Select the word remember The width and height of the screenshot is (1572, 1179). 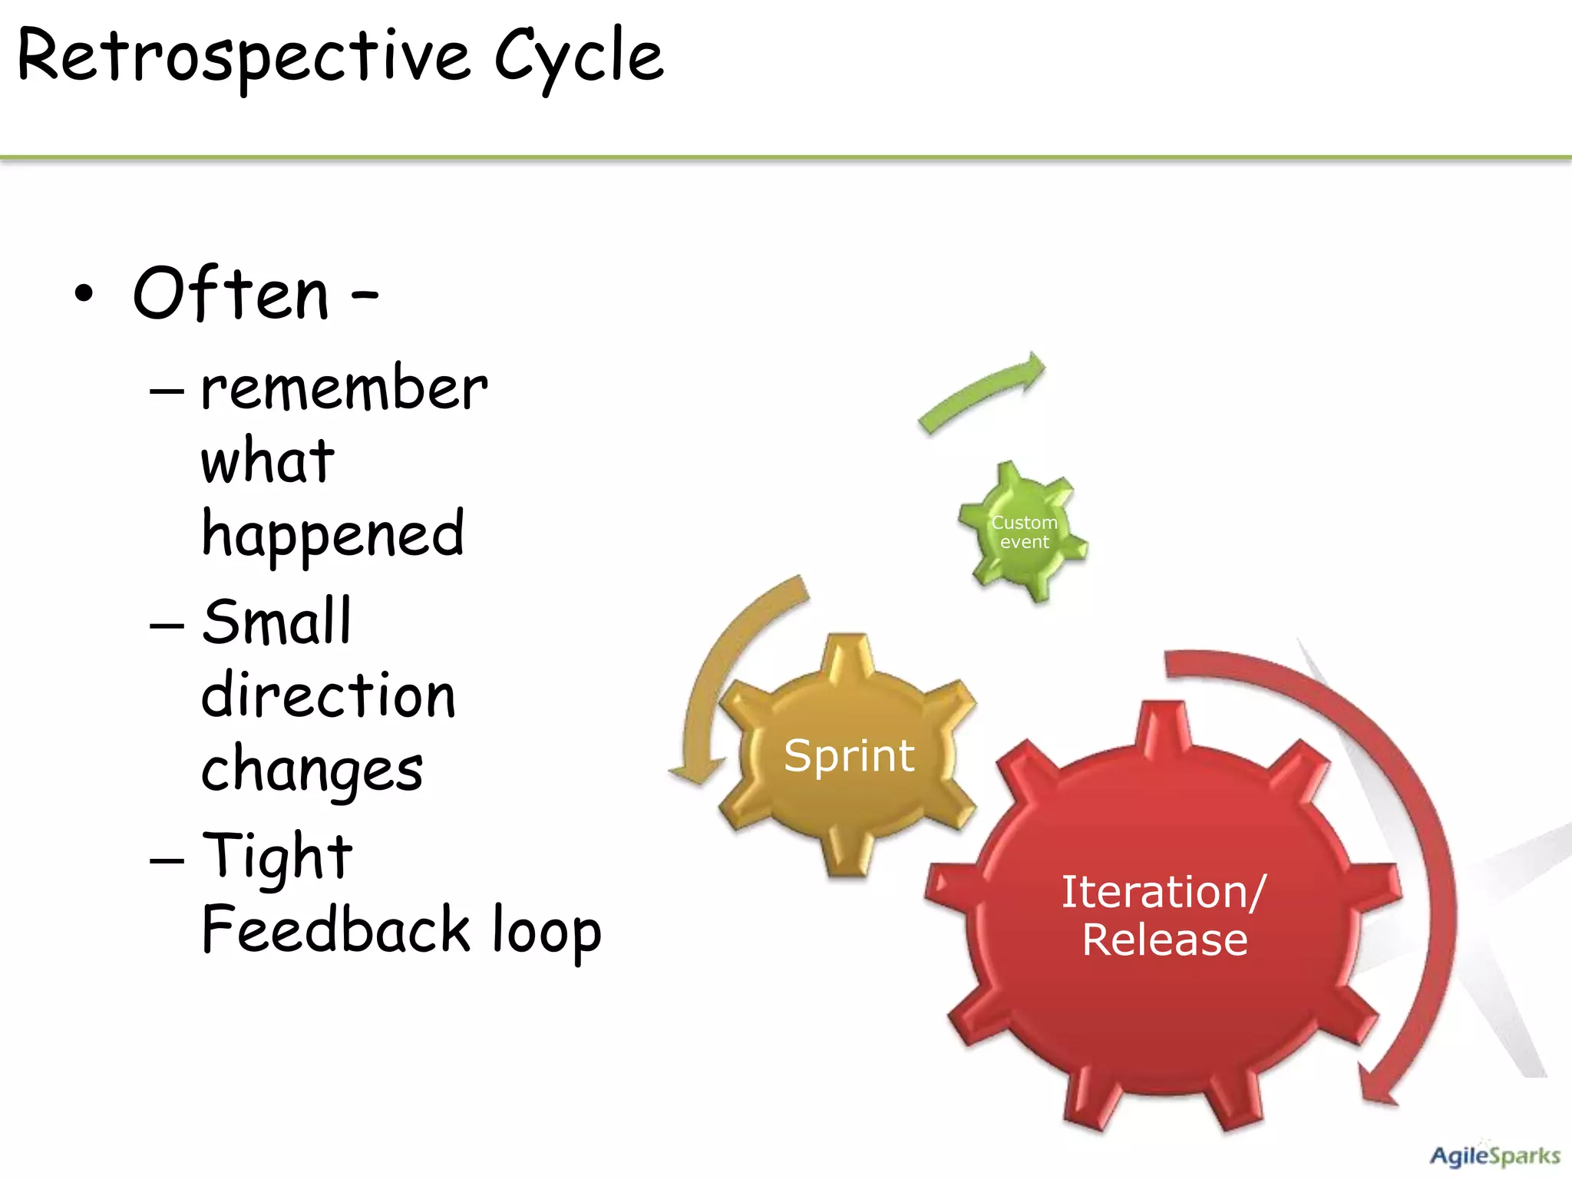pos(343,388)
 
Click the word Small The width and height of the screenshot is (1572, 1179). pos(276,623)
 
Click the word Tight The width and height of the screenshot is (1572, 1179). pos(277,857)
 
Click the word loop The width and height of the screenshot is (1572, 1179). pos(547,930)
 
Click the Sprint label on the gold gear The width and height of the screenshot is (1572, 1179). pos(849,756)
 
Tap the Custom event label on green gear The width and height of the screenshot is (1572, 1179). pos(1024,532)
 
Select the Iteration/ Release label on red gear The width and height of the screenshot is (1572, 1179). pos(1164,916)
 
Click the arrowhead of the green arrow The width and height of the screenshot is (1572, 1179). pos(1032,369)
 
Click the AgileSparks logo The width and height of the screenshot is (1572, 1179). pos(1494,1154)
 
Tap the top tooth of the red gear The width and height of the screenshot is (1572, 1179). pos(1165,722)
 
